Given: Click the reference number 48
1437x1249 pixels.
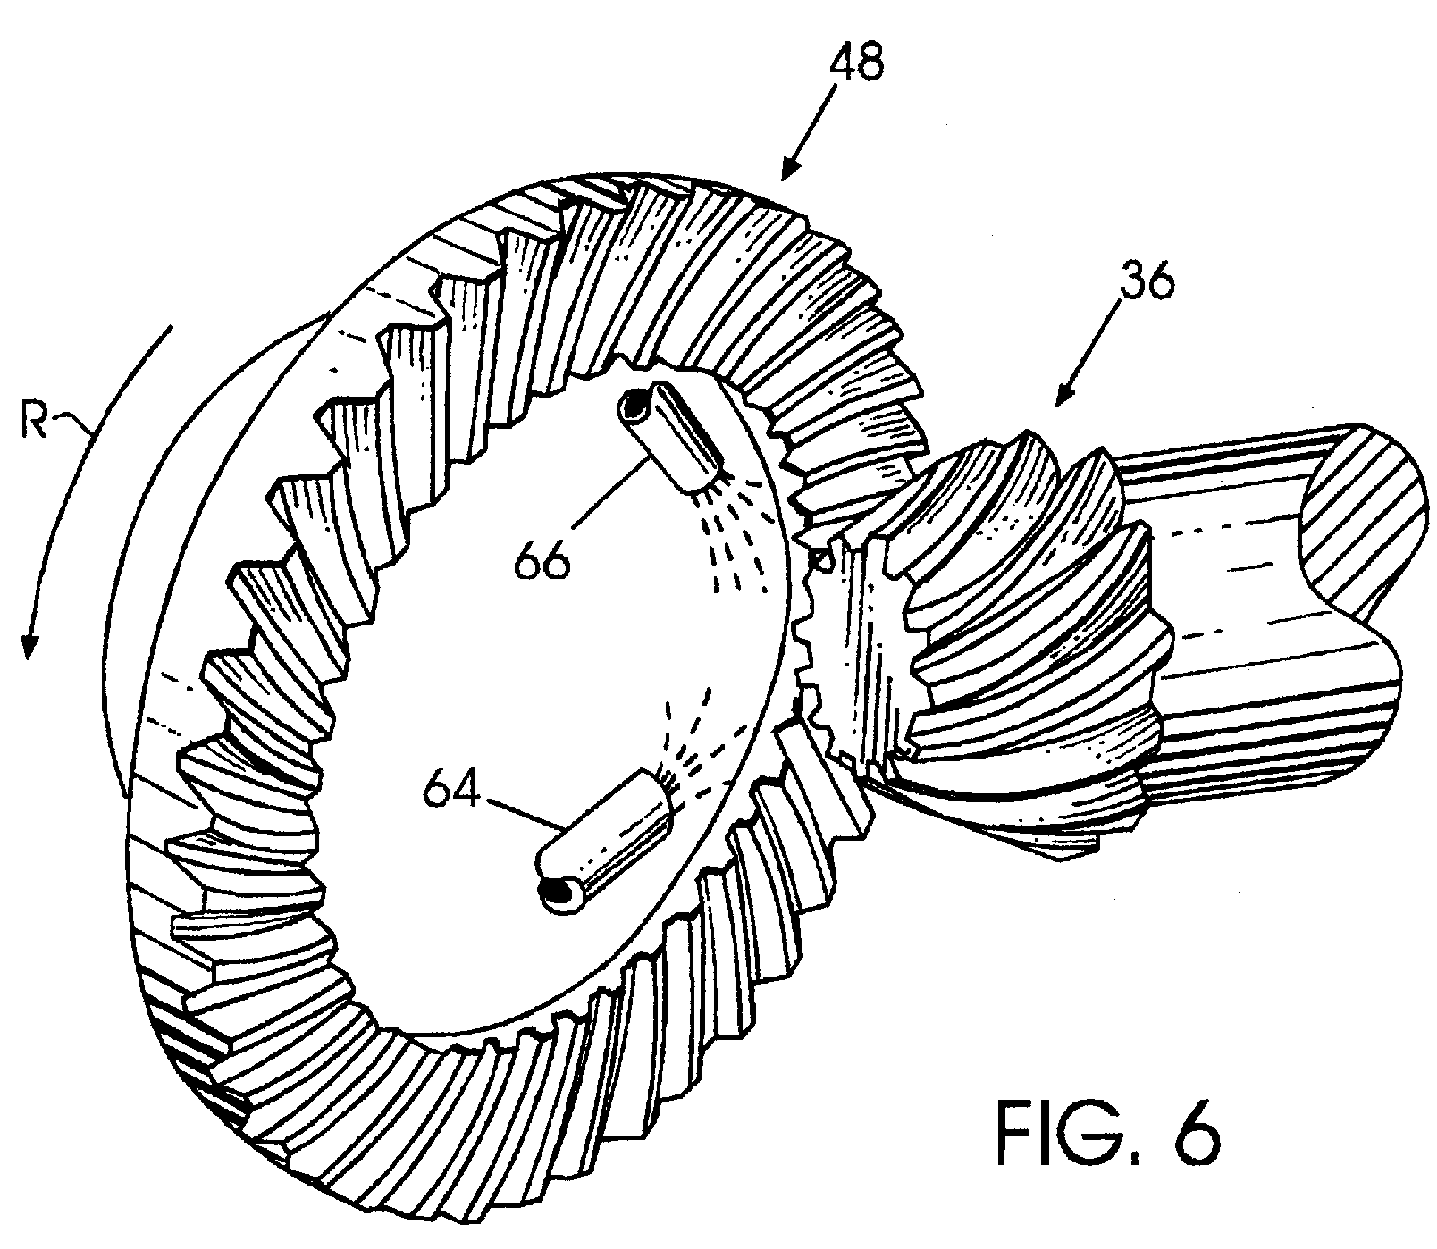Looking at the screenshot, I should pos(857,65).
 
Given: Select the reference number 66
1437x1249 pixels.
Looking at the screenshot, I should pos(542,562).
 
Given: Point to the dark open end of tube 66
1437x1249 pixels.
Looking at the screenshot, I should pos(635,407).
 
